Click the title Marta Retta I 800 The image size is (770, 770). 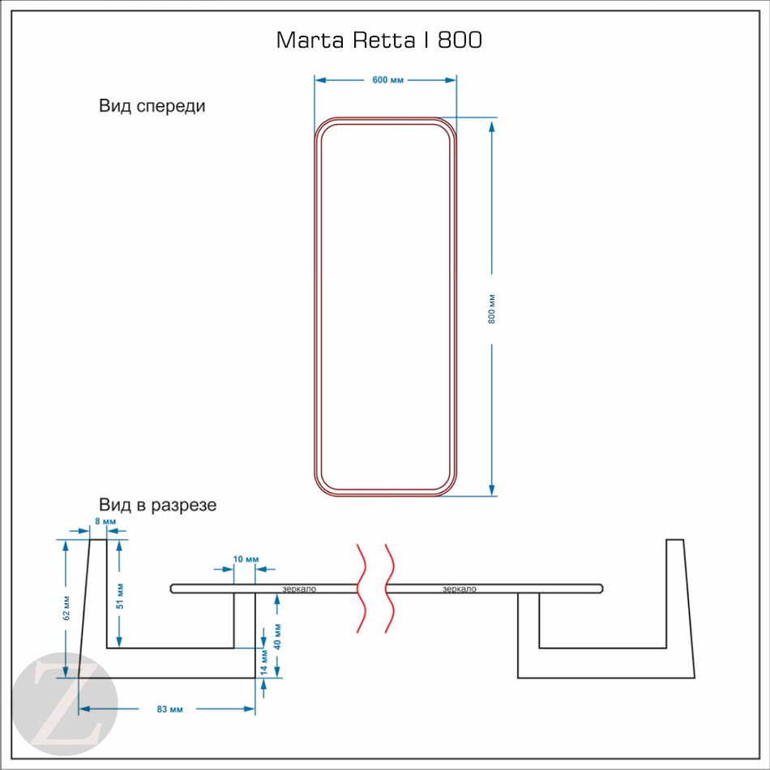click(x=379, y=40)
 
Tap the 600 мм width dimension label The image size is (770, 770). click(x=387, y=80)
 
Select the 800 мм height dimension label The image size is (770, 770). click(x=491, y=309)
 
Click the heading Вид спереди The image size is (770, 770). click(x=152, y=106)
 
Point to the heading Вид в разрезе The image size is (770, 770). click(x=157, y=505)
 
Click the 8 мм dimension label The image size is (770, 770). click(x=105, y=521)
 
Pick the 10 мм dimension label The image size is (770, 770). click(x=246, y=558)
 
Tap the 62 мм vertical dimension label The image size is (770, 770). click(x=66, y=608)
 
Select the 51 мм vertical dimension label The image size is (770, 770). click(x=120, y=597)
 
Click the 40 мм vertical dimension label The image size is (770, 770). click(x=277, y=637)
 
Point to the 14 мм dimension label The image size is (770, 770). click(x=264, y=662)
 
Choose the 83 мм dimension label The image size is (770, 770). click(x=170, y=709)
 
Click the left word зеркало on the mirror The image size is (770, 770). click(x=299, y=588)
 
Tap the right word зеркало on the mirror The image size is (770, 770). click(x=459, y=588)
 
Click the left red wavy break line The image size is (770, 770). click(x=362, y=588)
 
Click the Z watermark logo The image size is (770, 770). click(x=65, y=704)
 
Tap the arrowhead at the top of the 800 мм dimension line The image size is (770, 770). click(x=491, y=126)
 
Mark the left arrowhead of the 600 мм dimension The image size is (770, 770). click(x=321, y=80)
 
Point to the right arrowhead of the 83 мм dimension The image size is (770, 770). click(x=250, y=708)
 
